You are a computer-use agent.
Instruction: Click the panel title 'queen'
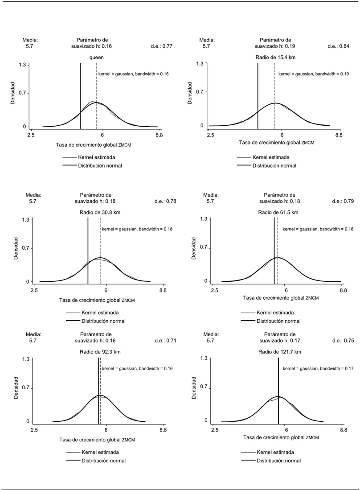[x=97, y=57]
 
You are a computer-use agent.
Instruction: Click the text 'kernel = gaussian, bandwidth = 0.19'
[x=313, y=74]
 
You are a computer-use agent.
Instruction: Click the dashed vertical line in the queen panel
[x=97, y=96]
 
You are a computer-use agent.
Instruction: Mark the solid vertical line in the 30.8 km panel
[x=88, y=250]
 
